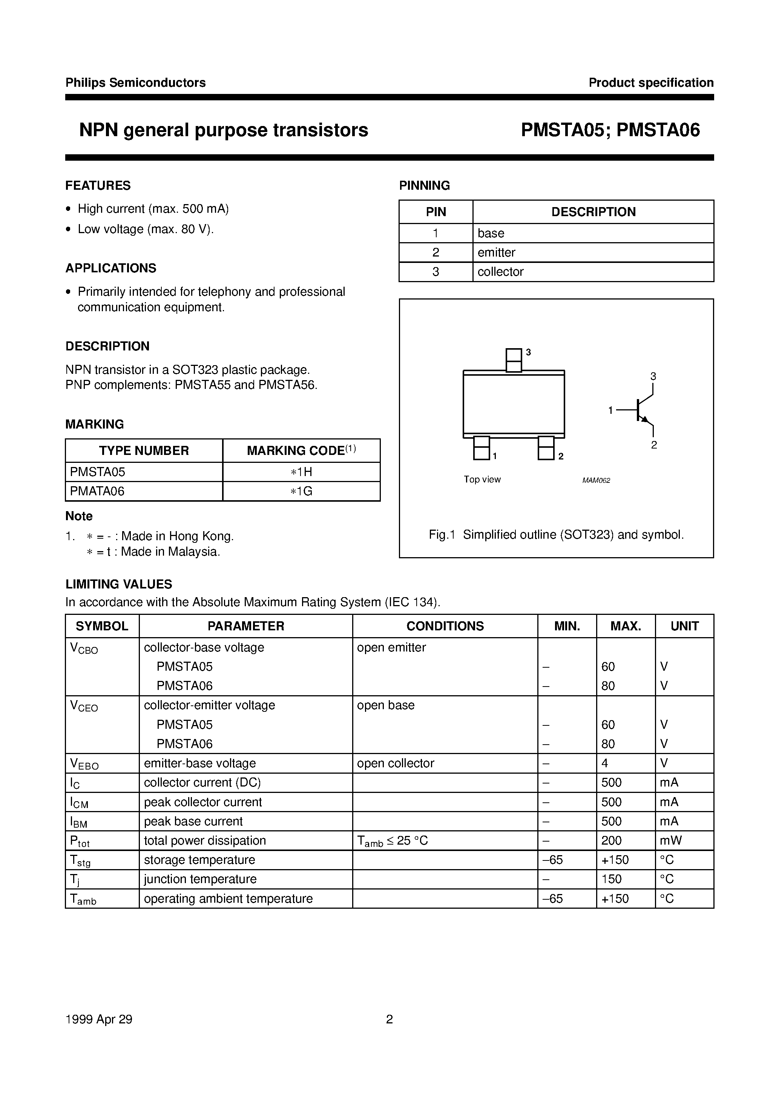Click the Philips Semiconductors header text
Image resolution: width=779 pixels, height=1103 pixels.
click(x=135, y=83)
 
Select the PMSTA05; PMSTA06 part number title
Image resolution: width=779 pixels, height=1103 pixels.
click(x=610, y=130)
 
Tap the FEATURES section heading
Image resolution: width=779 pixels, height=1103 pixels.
click(x=98, y=186)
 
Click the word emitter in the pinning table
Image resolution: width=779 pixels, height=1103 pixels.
click(x=496, y=252)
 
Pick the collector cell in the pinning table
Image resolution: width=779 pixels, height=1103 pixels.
click(x=500, y=272)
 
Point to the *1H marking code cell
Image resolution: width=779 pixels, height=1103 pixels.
click(x=301, y=472)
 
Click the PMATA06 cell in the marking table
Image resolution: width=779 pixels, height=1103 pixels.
click(x=98, y=491)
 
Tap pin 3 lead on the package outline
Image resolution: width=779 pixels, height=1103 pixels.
click(x=514, y=360)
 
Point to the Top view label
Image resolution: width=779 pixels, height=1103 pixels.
click(x=482, y=479)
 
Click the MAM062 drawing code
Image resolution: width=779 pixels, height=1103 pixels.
click(x=596, y=481)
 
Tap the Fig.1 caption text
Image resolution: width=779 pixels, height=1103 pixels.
click(x=556, y=535)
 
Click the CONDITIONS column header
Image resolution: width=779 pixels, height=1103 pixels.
click(x=445, y=626)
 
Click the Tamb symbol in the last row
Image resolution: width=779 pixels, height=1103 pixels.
click(x=83, y=899)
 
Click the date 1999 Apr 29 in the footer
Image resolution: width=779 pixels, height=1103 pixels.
click(x=99, y=1019)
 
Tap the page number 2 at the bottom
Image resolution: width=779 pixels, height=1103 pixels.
click(x=389, y=1019)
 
